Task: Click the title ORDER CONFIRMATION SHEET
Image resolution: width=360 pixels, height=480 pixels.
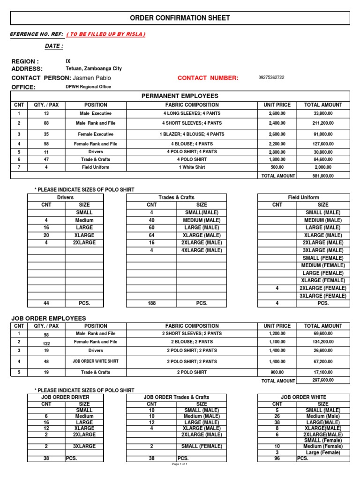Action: coord(180,18)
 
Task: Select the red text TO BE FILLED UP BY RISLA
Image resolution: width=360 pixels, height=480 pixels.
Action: coord(106,34)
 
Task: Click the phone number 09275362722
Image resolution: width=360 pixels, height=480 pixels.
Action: coord(271,77)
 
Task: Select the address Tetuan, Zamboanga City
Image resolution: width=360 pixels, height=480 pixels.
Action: coord(94,68)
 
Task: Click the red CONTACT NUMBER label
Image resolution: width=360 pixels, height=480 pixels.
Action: coord(208,78)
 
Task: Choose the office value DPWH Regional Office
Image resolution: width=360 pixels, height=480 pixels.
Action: coord(89,87)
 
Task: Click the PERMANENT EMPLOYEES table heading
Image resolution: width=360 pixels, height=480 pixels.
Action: coord(180,96)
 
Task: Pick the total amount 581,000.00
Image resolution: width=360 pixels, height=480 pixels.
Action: coord(323,176)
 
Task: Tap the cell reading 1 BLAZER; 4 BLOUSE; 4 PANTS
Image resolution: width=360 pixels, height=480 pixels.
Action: coord(191,134)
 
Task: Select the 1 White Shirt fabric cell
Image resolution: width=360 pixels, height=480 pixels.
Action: coord(191,167)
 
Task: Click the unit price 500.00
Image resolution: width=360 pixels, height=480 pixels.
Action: coord(277,167)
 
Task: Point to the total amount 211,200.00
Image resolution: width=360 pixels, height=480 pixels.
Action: coord(323,123)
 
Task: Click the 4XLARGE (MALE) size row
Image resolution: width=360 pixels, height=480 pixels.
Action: coord(202,250)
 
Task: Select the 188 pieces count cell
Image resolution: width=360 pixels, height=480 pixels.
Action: coord(152,303)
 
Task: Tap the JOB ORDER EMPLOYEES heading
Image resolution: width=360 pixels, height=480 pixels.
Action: coord(49,318)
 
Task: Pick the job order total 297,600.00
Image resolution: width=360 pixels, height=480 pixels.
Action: coord(323,380)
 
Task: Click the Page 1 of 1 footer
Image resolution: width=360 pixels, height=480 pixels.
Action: coord(180,464)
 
